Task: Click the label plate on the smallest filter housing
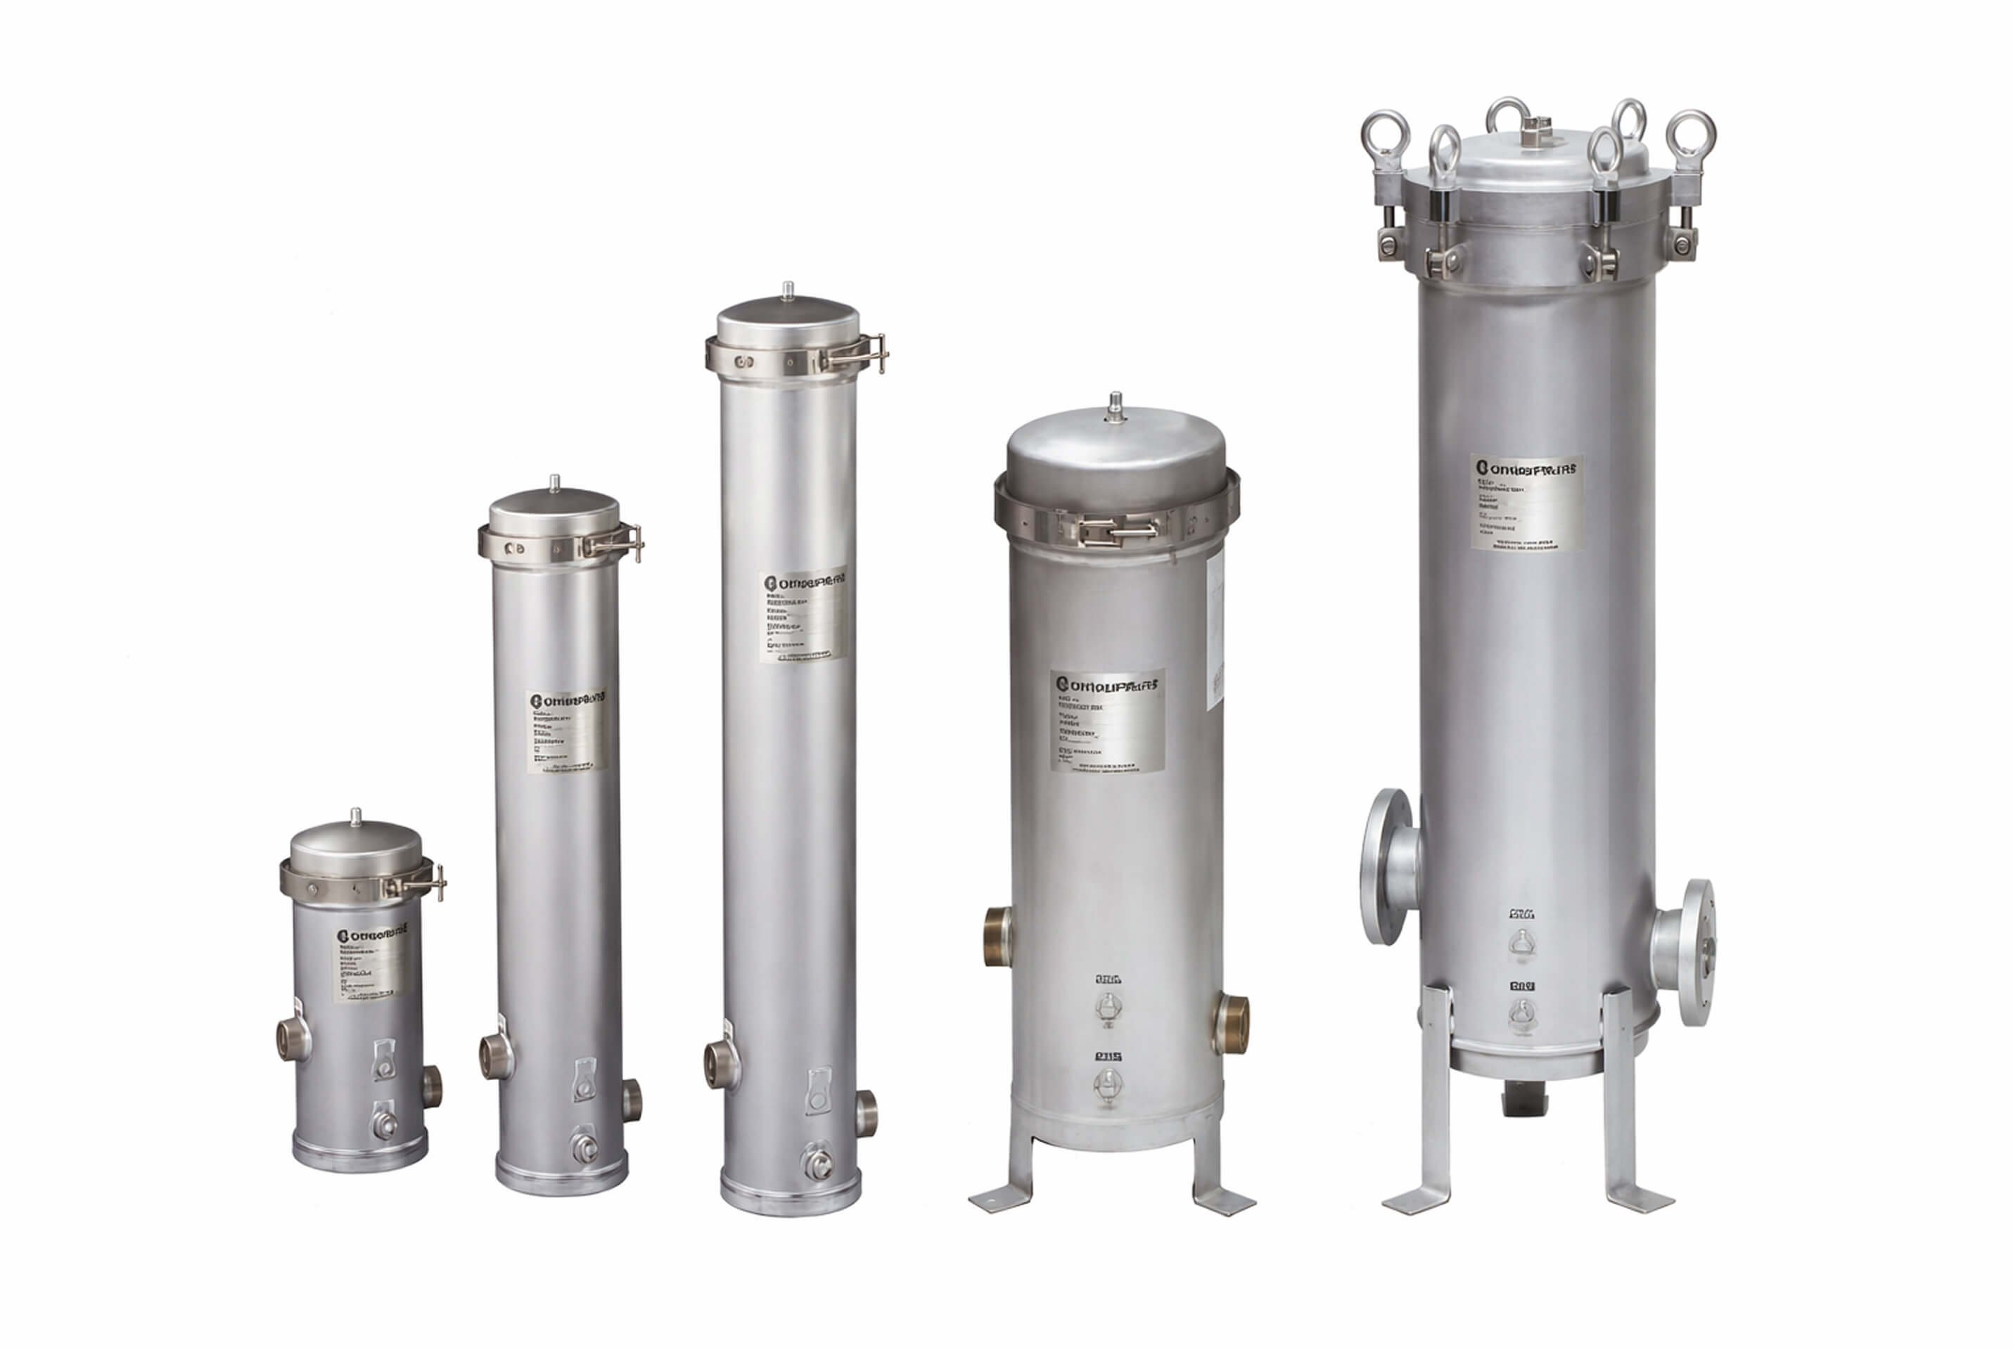coord(370,963)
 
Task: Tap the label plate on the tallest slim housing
coord(803,615)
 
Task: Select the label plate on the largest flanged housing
coord(1526,502)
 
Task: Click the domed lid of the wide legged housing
coord(1116,456)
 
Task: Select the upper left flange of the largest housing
coord(1386,866)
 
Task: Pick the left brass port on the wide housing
coord(998,937)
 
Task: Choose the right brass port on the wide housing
coord(1233,1024)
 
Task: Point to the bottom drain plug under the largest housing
coord(1525,1100)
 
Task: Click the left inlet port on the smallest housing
coord(292,1039)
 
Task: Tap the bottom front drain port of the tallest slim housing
coord(818,1164)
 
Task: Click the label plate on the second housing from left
coord(565,730)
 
